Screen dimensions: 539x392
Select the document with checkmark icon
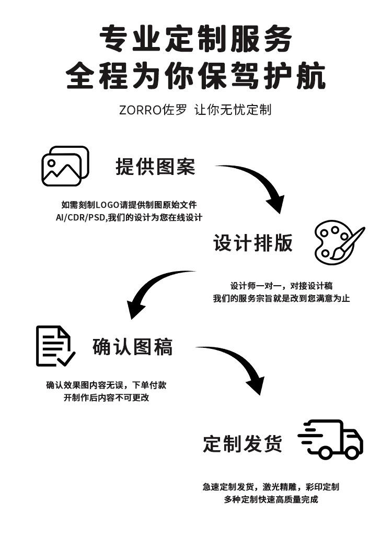pyautogui.click(x=54, y=346)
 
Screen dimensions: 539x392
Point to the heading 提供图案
pyautogui.click(x=155, y=167)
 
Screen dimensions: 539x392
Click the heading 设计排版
pyautogui.click(x=253, y=243)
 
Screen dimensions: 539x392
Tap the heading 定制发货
pyautogui.click(x=243, y=444)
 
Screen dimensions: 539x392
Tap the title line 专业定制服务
pyautogui.click(x=195, y=40)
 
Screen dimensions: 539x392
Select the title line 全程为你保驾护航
pyautogui.click(x=195, y=77)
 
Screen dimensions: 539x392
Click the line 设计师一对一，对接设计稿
pyautogui.click(x=281, y=286)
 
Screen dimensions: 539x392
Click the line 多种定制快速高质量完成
pyautogui.click(x=271, y=499)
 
